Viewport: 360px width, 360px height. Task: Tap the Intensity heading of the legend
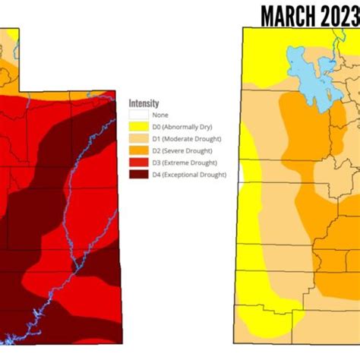click(144, 103)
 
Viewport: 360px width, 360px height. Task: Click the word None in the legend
click(160, 115)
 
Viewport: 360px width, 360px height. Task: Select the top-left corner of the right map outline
click(242, 28)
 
